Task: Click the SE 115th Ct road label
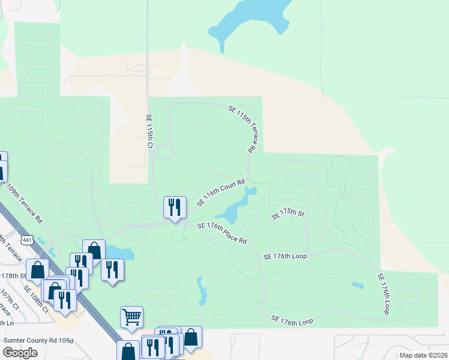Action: pyautogui.click(x=150, y=132)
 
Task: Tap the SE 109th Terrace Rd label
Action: pyautogui.click(x=23, y=203)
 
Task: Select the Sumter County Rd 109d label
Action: pyautogui.click(x=38, y=340)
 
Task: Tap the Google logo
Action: pyautogui.click(x=20, y=352)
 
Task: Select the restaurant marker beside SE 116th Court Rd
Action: pyautogui.click(x=175, y=208)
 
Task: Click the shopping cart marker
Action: pyautogui.click(x=131, y=316)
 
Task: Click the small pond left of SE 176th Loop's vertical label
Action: pyautogui.click(x=358, y=286)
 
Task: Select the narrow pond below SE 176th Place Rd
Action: pyautogui.click(x=202, y=292)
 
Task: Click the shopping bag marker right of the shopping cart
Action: pyautogui.click(x=191, y=338)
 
